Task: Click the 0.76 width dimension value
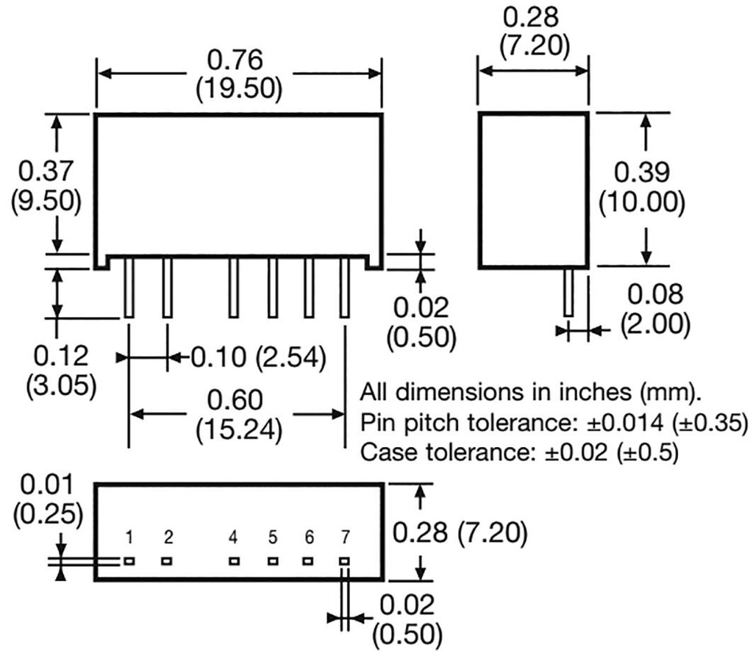click(239, 60)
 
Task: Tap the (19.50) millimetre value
click(239, 88)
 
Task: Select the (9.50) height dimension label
click(46, 201)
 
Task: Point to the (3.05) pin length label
click(60, 385)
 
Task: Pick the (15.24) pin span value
click(239, 429)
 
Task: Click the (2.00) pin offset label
click(654, 323)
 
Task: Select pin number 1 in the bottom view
click(129, 538)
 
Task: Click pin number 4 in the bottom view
click(233, 538)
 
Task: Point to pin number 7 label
click(344, 538)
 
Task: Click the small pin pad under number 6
click(308, 561)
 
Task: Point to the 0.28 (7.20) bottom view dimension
click(459, 532)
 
